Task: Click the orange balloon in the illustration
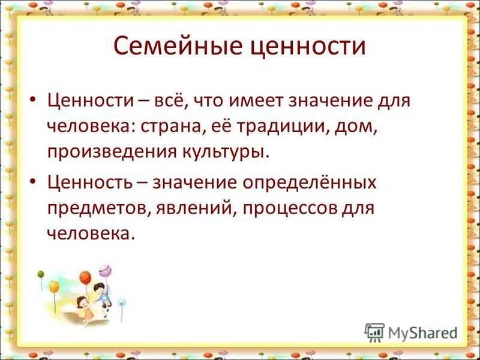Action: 85,278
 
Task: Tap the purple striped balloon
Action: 105,271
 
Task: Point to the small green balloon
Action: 41,274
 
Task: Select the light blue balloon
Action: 122,302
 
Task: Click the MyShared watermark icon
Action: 374,333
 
